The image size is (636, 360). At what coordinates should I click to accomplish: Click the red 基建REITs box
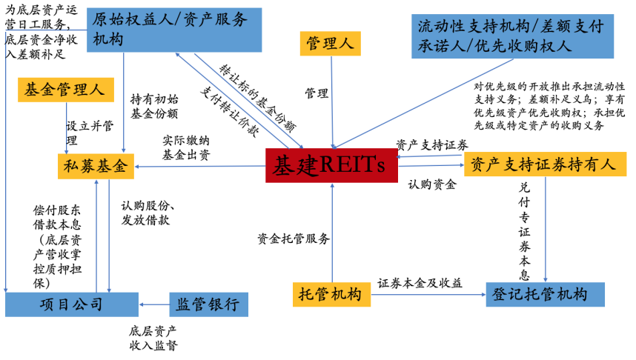(331, 165)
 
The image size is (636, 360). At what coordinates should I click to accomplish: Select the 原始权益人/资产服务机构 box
(174, 30)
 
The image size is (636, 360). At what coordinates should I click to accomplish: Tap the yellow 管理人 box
(330, 44)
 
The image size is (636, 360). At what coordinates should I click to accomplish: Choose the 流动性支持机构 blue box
(513, 36)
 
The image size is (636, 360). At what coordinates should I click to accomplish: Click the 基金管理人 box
(66, 90)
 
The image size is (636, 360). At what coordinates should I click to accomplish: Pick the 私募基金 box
(96, 166)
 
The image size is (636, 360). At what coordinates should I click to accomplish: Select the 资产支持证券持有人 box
(545, 164)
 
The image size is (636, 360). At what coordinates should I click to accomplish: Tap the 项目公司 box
(72, 304)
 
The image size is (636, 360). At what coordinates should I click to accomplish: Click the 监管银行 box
(208, 304)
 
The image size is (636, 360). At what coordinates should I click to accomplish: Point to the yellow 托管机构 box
(331, 295)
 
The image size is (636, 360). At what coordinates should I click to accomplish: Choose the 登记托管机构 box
(545, 295)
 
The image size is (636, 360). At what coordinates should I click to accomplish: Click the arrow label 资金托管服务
(294, 239)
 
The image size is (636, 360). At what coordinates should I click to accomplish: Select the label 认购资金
(432, 185)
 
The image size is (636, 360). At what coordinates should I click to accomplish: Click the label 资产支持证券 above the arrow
(432, 144)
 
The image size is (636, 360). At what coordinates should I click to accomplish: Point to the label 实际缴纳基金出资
(186, 148)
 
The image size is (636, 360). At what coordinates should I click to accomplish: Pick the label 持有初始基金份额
(154, 107)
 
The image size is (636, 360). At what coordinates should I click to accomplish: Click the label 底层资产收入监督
(153, 338)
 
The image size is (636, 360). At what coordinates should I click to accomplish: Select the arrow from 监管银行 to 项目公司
(154, 304)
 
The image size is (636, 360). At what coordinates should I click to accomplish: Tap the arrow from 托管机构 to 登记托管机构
(428, 295)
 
